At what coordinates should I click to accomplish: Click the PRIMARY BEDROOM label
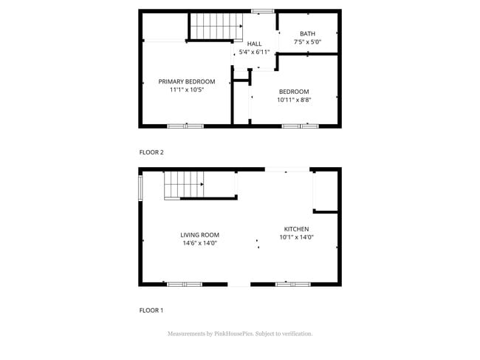point(186,81)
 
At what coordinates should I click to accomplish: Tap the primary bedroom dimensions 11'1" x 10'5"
point(186,89)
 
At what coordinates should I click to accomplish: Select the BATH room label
point(307,34)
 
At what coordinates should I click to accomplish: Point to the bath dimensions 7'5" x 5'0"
point(307,42)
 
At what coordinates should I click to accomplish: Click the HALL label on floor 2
point(254,44)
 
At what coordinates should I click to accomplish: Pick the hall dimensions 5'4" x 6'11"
point(254,52)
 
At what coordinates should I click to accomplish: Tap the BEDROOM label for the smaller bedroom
point(293,92)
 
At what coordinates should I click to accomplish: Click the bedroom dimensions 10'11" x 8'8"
point(293,100)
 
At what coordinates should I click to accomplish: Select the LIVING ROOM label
point(199,235)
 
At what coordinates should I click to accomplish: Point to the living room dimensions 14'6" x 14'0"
point(199,243)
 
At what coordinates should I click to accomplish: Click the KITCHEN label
point(296,229)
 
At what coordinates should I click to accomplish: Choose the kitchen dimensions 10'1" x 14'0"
point(296,237)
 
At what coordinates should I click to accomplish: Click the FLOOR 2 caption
point(151,152)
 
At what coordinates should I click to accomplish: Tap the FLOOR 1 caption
point(151,310)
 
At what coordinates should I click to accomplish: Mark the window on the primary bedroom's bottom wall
point(185,126)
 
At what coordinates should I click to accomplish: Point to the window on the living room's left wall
point(140,187)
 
